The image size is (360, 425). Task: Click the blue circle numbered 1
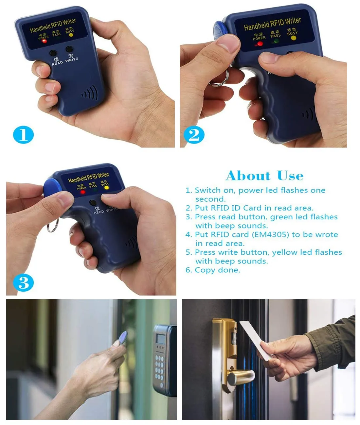click(x=23, y=134)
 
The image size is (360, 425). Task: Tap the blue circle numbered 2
click(x=194, y=135)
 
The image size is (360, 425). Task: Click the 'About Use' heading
click(x=264, y=176)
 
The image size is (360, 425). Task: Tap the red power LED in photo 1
click(x=44, y=41)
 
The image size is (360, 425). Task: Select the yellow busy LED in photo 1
click(x=71, y=35)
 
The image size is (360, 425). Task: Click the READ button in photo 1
click(x=53, y=53)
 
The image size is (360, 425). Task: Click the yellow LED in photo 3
click(x=106, y=188)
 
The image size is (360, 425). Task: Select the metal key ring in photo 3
click(x=52, y=226)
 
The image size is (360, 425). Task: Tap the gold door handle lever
click(x=241, y=376)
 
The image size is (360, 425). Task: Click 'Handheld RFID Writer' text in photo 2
click(x=272, y=24)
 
